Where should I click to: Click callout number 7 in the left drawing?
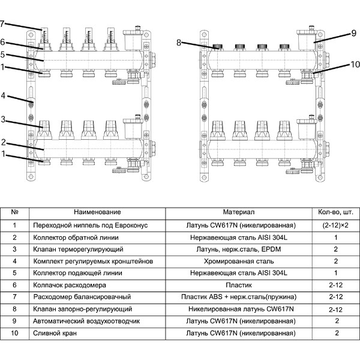point(2,23)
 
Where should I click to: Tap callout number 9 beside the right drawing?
point(354,33)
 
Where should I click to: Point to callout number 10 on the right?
point(355,64)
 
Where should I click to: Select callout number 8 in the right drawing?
point(179,43)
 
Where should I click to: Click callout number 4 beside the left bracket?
point(3,95)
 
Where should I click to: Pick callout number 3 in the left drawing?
point(3,119)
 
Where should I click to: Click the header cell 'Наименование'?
point(97,212)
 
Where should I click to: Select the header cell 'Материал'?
point(239,212)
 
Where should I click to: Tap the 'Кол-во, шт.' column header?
point(335,212)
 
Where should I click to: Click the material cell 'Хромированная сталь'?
point(239,261)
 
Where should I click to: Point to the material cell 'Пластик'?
point(239,285)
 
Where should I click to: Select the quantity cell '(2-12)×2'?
point(335,225)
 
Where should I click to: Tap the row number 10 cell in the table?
point(14,333)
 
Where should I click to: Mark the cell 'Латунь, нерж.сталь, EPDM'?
point(239,250)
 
